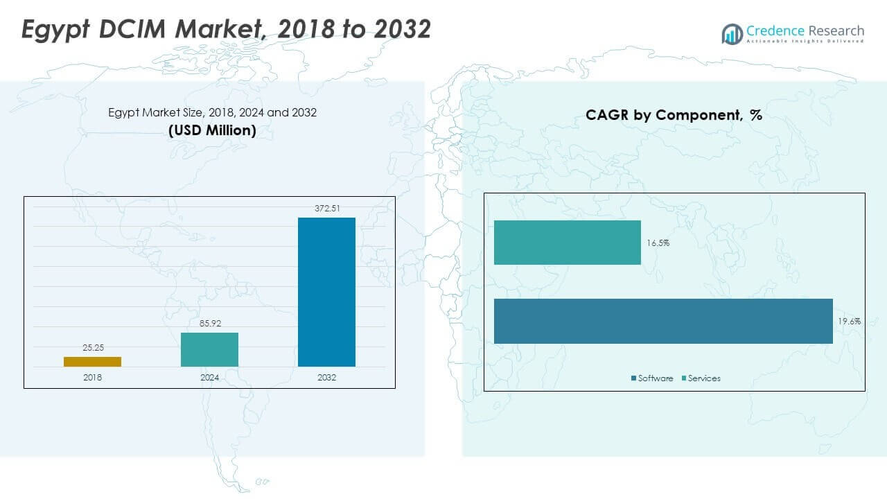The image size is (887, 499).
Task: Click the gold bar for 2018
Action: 92,361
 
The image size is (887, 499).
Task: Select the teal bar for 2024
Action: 209,349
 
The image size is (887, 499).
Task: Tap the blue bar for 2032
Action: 326,292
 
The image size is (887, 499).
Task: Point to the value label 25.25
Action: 92,348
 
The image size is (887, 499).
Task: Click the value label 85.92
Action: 209,324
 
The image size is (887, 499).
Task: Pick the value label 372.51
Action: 326,209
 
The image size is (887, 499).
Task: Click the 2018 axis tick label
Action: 92,377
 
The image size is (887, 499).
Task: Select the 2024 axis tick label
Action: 209,377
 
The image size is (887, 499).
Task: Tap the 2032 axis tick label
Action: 326,377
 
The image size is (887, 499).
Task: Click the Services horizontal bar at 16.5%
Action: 567,243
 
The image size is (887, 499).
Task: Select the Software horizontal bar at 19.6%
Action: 662,321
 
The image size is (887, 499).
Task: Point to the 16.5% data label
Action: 658,243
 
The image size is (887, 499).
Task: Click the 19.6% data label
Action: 849,321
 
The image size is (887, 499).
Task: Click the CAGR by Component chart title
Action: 674,115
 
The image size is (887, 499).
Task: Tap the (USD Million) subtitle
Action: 212,130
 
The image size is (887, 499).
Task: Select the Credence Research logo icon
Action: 732,33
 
